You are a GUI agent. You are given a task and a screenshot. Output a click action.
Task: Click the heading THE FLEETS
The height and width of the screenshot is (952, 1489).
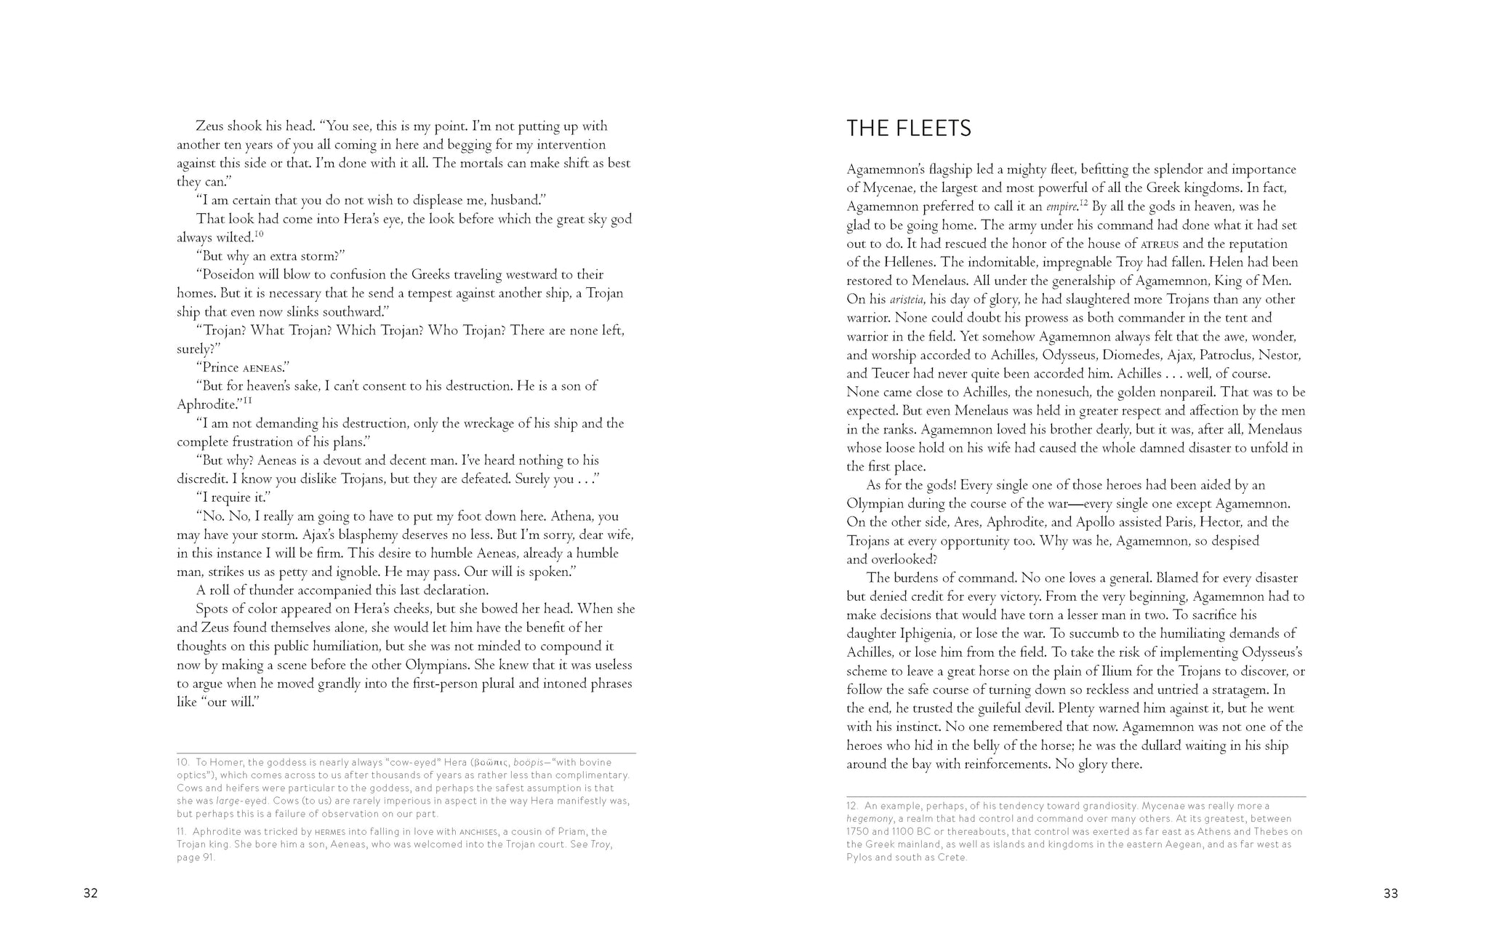click(909, 129)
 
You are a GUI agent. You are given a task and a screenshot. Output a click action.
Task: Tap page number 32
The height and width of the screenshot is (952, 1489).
click(90, 894)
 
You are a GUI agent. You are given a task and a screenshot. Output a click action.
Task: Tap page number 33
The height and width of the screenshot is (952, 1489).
click(1390, 894)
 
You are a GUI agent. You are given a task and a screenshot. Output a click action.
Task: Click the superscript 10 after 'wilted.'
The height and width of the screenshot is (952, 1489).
click(259, 234)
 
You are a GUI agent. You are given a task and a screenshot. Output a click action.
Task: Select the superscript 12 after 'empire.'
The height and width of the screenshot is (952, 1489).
click(1083, 203)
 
